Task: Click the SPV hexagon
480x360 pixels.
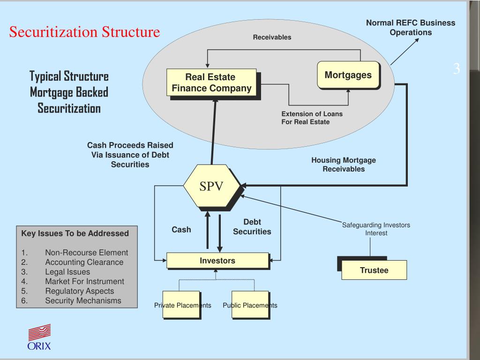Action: tap(211, 186)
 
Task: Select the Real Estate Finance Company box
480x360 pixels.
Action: tap(211, 82)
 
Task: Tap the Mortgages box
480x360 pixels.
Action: tap(348, 75)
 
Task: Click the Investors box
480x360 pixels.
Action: tap(217, 261)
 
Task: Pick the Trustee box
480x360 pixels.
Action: tap(374, 270)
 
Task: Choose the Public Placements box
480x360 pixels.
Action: tap(250, 305)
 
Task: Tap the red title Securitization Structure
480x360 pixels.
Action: tap(85, 32)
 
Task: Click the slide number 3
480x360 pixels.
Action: tap(456, 69)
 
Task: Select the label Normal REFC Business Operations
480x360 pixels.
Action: tap(410, 28)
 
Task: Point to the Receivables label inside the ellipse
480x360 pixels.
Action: tap(272, 37)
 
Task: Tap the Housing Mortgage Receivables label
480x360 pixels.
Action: tap(343, 165)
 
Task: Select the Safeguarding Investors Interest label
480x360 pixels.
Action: tap(376, 229)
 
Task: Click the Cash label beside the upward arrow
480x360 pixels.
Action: tap(181, 230)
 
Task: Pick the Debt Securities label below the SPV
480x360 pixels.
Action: tap(252, 227)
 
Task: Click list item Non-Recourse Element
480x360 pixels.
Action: tap(86, 253)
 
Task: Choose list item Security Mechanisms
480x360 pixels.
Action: tap(83, 300)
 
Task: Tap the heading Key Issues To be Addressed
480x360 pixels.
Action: tap(75, 233)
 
